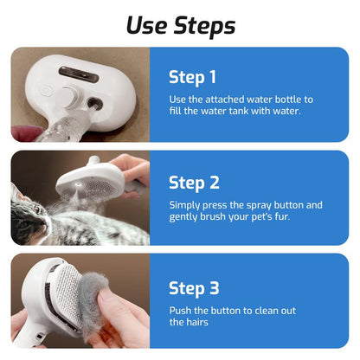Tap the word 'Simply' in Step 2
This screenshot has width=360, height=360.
[185, 206]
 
